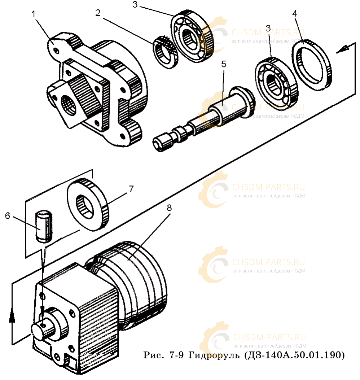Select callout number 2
tap(98, 13)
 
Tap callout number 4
tap(295, 14)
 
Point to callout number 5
tap(224, 64)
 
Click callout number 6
tap(8, 215)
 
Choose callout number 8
tap(169, 208)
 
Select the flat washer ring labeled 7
tap(89, 204)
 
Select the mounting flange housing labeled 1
tap(97, 90)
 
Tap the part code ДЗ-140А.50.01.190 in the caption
tap(294, 355)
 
